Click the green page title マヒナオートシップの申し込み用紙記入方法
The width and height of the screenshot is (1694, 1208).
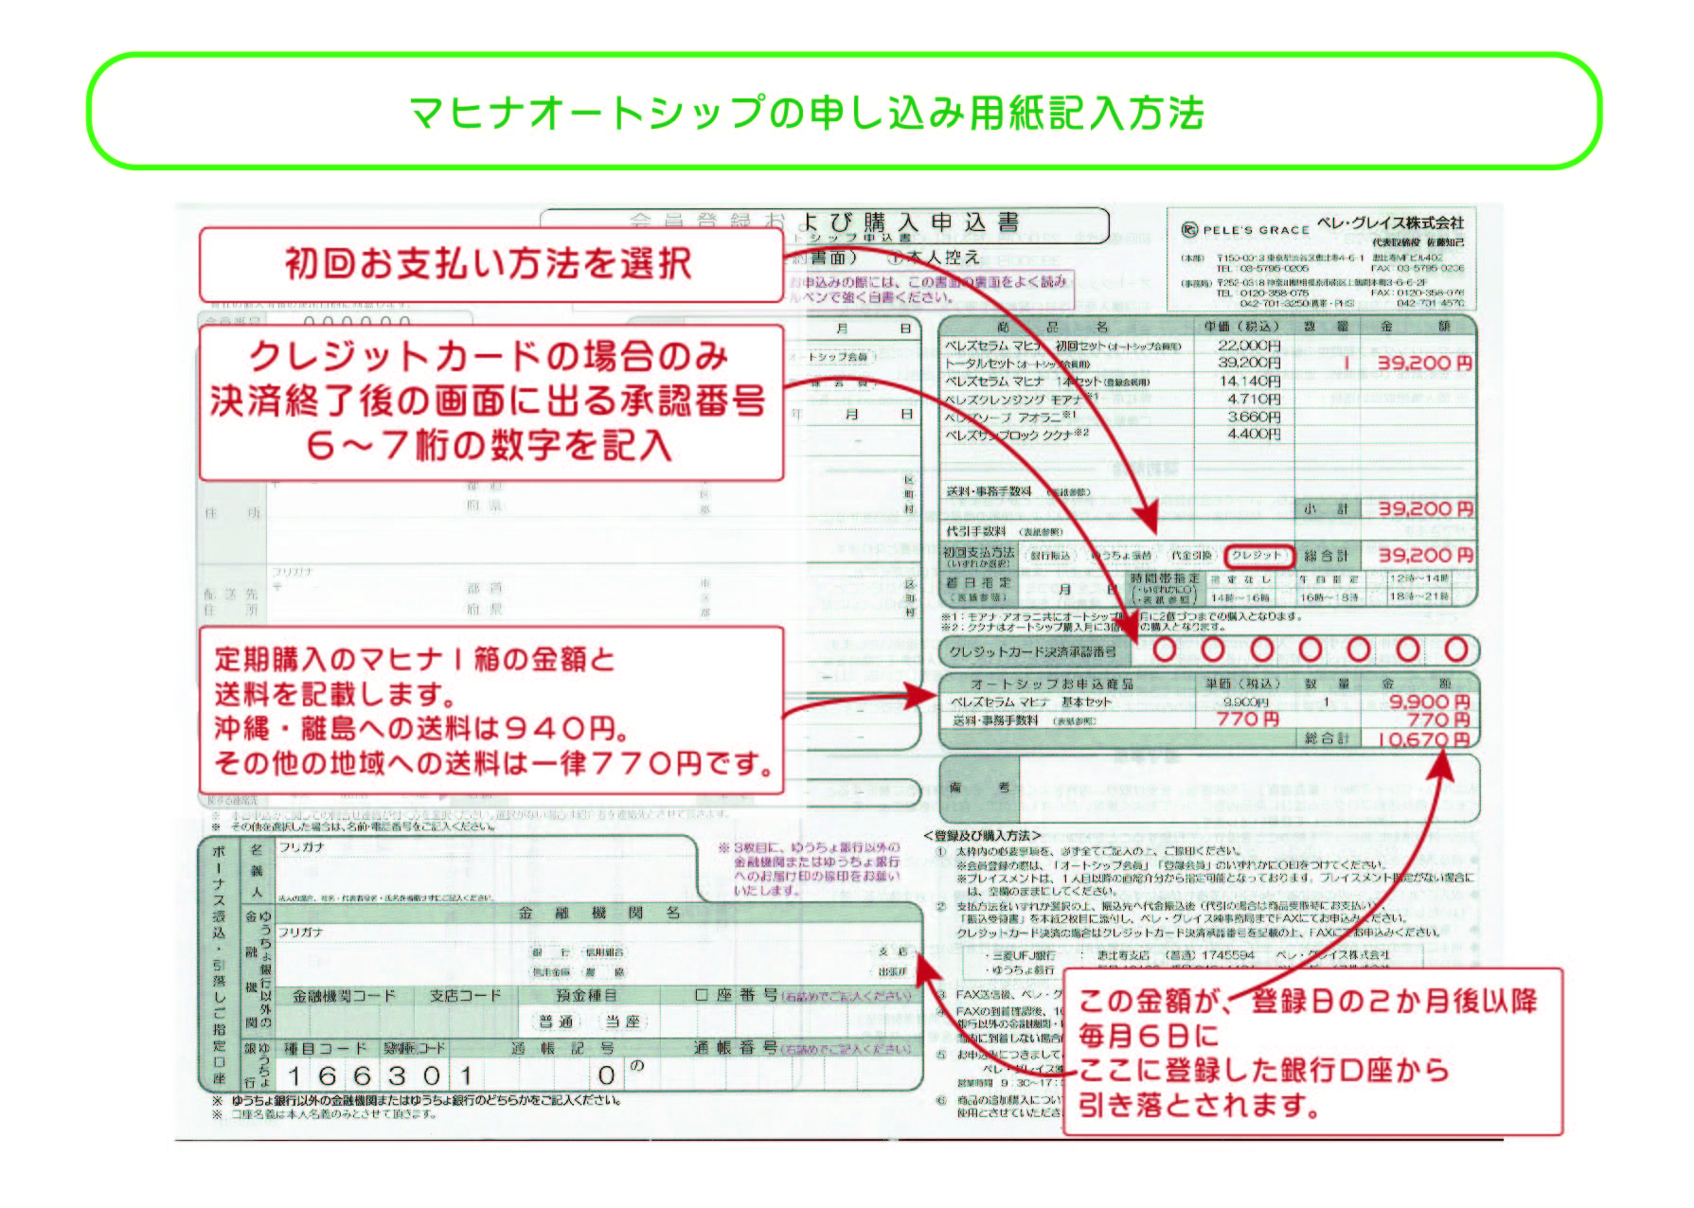pos(806,113)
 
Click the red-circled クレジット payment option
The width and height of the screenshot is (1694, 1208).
pos(1257,556)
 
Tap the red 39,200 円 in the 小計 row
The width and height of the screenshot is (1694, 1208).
pos(1424,509)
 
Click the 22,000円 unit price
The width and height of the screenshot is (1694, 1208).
pos(1249,346)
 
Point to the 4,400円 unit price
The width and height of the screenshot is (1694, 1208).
pos(1253,434)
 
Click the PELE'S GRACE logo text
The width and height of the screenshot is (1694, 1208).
pos(1256,229)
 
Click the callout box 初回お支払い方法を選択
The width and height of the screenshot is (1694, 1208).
pos(489,263)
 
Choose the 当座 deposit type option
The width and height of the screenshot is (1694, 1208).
pos(622,1021)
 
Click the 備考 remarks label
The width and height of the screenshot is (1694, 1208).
pos(979,788)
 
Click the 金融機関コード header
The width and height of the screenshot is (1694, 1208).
pos(344,996)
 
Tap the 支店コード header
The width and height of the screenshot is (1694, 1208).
pos(465,996)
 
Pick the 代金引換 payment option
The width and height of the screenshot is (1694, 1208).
pos(1191,556)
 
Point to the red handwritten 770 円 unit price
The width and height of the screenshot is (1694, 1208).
pos(1248,719)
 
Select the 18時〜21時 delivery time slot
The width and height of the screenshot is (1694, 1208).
pos(1418,597)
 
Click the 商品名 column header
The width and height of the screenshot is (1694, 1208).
pos(1065,327)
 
